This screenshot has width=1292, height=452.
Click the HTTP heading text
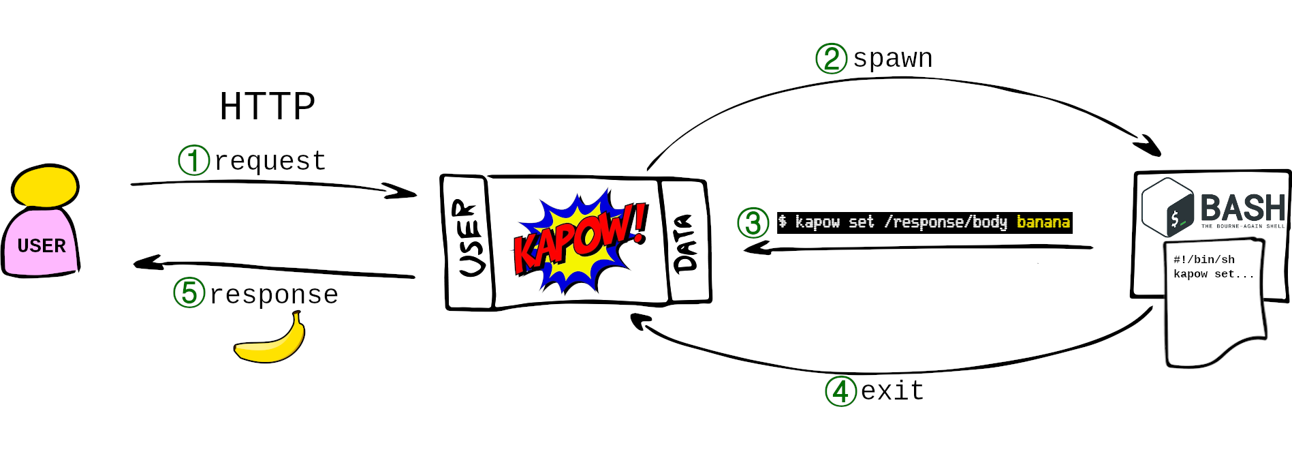[x=267, y=107]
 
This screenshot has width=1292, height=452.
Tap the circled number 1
[x=193, y=160]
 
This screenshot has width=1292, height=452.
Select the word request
[x=270, y=161]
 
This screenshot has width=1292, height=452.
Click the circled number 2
[x=831, y=59]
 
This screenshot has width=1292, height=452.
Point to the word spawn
[x=893, y=59]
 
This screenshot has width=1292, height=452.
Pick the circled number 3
[x=753, y=223]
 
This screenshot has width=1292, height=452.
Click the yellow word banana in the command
[x=1043, y=222]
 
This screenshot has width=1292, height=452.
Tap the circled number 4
[x=840, y=391]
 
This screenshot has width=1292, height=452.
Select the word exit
[x=892, y=391]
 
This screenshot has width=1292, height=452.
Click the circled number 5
[x=189, y=293]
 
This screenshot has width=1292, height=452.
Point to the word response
[x=274, y=295]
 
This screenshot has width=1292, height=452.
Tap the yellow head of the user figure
[x=45, y=185]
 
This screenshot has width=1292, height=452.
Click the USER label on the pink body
[x=42, y=245]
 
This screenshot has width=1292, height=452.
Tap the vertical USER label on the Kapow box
[x=469, y=239]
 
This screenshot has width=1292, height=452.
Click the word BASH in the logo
[x=1242, y=207]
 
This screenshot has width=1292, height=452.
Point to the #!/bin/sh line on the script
[x=1203, y=260]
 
